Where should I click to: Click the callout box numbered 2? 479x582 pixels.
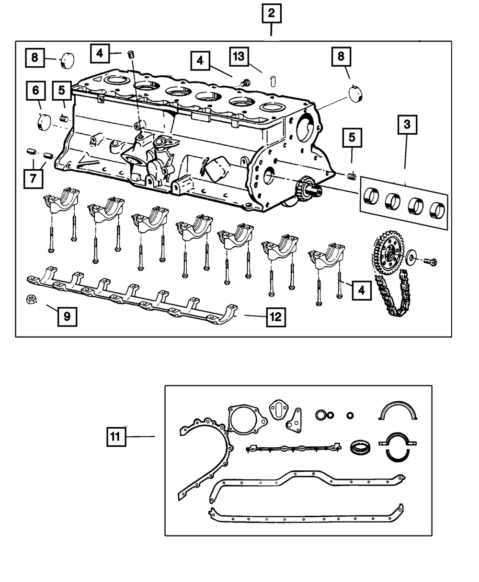pyautogui.click(x=271, y=13)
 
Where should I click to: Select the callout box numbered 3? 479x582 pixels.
pyautogui.click(x=407, y=125)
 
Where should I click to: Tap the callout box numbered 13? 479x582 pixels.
pyautogui.click(x=239, y=57)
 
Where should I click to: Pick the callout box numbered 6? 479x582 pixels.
pyautogui.click(x=35, y=91)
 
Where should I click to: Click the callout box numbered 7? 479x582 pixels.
pyautogui.click(x=33, y=178)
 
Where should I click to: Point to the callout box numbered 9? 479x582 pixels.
pyautogui.click(x=67, y=316)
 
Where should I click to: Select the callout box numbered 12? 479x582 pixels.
pyautogui.click(x=276, y=317)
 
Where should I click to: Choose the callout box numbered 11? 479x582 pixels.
pyautogui.click(x=116, y=436)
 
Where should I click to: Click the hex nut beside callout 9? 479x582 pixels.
pyautogui.click(x=31, y=300)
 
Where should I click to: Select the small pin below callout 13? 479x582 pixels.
pyautogui.click(x=273, y=81)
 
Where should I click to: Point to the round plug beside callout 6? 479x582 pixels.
pyautogui.click(x=44, y=122)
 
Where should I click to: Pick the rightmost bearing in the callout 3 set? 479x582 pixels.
pyautogui.click(x=437, y=210)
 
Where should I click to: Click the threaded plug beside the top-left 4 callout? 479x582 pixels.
pyautogui.click(x=131, y=54)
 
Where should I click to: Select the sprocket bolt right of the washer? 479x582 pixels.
pyautogui.click(x=431, y=262)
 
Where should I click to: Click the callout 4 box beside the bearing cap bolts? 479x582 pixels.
pyautogui.click(x=362, y=291)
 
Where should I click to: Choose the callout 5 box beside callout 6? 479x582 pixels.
pyautogui.click(x=62, y=91)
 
